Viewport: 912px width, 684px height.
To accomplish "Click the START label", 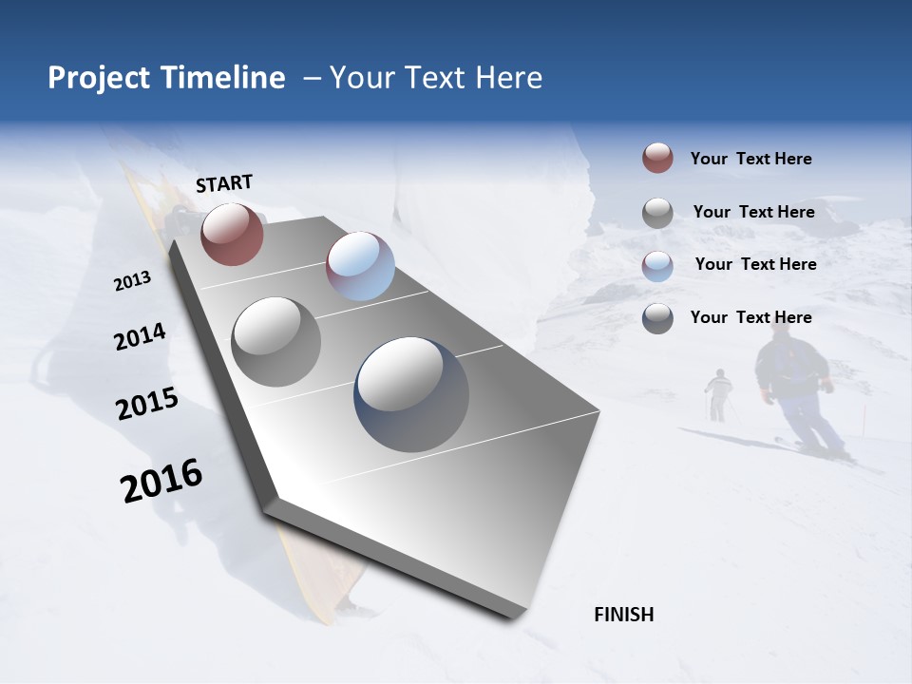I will pyautogui.click(x=224, y=183).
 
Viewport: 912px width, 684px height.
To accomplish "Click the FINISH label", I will pyautogui.click(x=623, y=615).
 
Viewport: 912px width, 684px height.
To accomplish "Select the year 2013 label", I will pyautogui.click(x=132, y=281).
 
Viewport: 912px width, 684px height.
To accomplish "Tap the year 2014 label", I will pyautogui.click(x=140, y=336).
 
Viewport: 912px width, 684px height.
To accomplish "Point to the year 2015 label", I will pyautogui.click(x=147, y=404).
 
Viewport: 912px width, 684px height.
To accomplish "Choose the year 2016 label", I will pyautogui.click(x=161, y=481).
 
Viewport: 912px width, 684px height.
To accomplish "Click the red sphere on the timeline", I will pyautogui.click(x=232, y=234).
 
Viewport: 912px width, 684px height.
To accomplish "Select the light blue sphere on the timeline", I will pyautogui.click(x=360, y=266).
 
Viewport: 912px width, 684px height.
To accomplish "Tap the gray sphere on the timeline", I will pyautogui.click(x=275, y=341).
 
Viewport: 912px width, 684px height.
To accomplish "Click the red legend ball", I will pyautogui.click(x=657, y=159).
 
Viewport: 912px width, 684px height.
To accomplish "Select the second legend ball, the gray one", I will pyautogui.click(x=657, y=213).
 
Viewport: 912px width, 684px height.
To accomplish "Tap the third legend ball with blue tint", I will pyautogui.click(x=657, y=266).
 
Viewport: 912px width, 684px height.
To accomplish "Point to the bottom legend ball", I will pyautogui.click(x=657, y=318).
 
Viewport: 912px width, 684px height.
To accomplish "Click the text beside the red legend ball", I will pyautogui.click(x=750, y=160).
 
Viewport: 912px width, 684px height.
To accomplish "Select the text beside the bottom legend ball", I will pyautogui.click(x=750, y=317).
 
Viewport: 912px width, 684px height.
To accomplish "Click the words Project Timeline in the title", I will pyautogui.click(x=166, y=78).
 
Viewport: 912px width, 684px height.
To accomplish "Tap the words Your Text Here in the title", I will pyautogui.click(x=435, y=78).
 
